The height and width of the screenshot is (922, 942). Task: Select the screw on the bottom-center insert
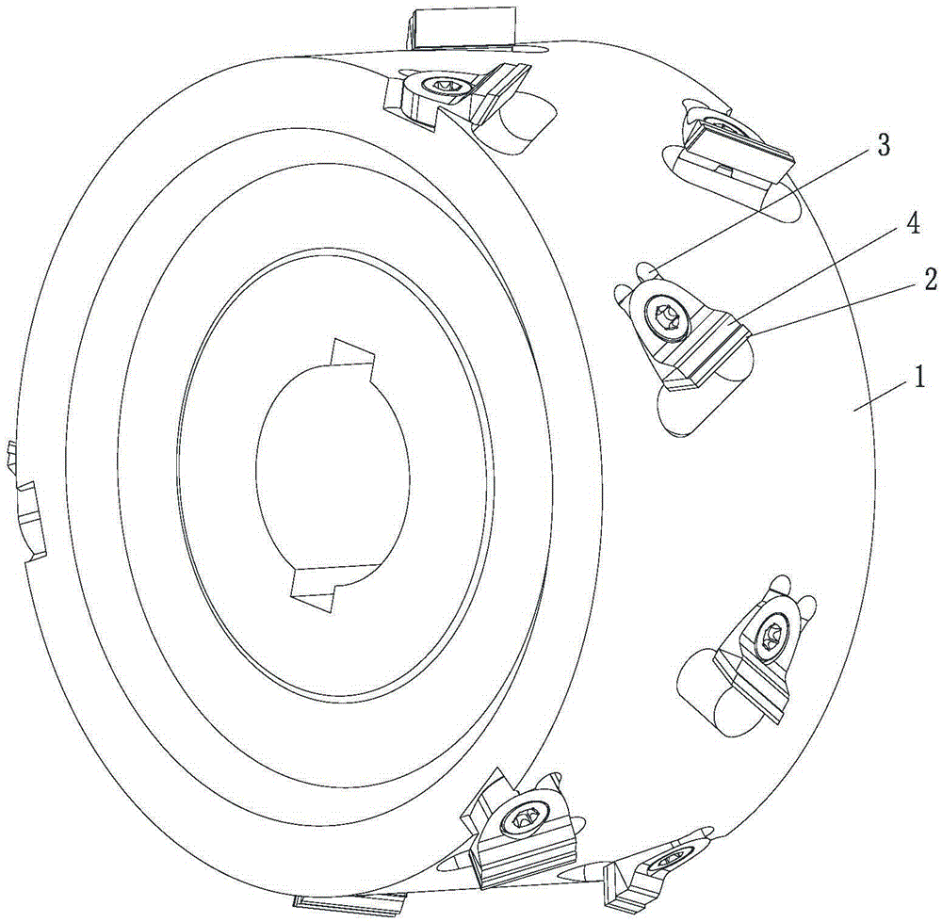point(521,819)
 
